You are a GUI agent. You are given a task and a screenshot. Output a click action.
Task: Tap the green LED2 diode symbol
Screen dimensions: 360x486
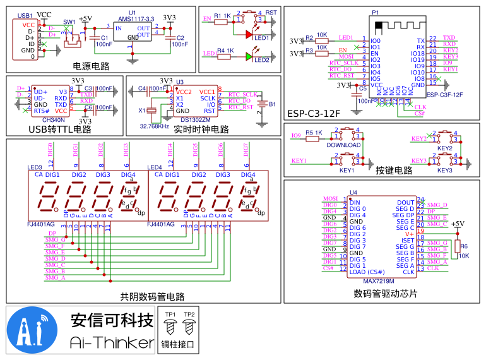pos(249,57)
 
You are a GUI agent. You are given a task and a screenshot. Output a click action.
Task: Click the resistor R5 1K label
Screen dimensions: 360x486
pos(314,133)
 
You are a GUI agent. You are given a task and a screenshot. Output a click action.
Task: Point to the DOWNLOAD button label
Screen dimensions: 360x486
pos(343,145)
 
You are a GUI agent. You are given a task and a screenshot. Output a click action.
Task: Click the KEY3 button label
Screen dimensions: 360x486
pos(444,171)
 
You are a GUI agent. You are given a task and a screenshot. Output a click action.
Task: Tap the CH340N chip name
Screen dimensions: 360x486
pos(53,119)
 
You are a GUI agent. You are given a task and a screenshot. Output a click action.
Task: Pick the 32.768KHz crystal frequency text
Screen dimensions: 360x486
pos(154,126)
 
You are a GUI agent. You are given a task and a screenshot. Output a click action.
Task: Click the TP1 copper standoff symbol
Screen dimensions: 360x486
pos(170,327)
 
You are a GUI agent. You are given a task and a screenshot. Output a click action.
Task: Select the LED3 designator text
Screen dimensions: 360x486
pos(35,167)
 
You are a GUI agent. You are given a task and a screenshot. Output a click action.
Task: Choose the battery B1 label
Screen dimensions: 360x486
pos(273,104)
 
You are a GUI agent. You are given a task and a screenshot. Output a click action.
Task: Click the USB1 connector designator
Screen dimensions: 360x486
pos(25,15)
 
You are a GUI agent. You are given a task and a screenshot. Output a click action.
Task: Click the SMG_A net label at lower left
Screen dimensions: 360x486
pos(55,277)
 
